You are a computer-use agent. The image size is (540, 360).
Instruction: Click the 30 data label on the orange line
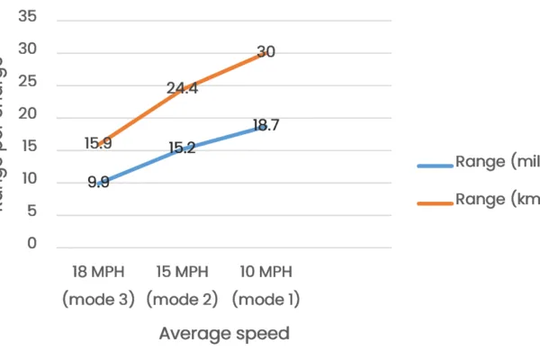(x=265, y=52)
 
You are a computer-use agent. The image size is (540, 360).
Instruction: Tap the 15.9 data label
(x=98, y=143)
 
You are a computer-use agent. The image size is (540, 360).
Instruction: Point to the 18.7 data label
(x=265, y=126)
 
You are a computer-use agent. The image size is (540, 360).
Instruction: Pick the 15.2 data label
(x=182, y=148)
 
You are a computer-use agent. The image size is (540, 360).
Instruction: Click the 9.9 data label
(x=98, y=182)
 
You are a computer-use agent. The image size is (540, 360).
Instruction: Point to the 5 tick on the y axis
(x=31, y=212)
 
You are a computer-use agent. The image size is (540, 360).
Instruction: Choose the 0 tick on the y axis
(x=31, y=244)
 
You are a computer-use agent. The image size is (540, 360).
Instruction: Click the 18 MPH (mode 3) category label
(x=98, y=285)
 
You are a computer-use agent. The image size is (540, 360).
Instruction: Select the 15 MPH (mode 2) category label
(x=182, y=285)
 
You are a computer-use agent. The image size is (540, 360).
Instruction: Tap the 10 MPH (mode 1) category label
(x=265, y=285)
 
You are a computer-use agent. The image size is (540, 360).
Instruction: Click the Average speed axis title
(x=224, y=334)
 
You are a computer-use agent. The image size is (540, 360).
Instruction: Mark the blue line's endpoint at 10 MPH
(x=265, y=127)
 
